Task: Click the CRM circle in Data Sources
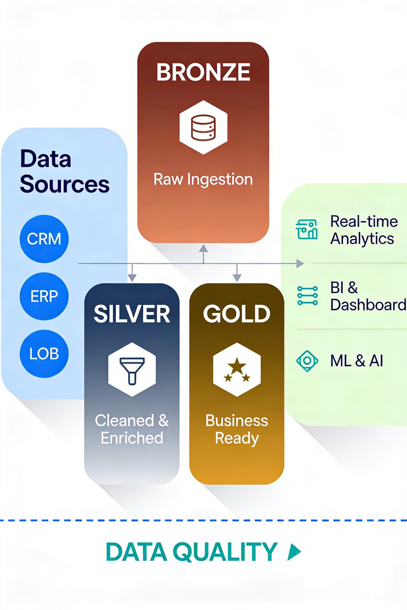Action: click(x=44, y=239)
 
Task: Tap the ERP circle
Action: click(x=44, y=296)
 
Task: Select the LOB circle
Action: click(x=44, y=353)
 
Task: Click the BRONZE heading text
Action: click(x=203, y=72)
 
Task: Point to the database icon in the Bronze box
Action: click(x=203, y=128)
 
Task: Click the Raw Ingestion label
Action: click(x=203, y=179)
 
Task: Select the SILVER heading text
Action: click(x=132, y=314)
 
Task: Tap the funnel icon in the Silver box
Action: click(x=132, y=370)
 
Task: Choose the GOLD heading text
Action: click(x=237, y=314)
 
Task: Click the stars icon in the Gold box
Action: click(x=237, y=370)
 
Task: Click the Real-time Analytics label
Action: click(x=363, y=230)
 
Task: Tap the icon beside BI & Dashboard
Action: click(x=307, y=296)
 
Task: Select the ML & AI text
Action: click(x=356, y=361)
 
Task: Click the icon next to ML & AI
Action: click(x=307, y=361)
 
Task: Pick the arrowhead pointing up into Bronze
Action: click(x=203, y=248)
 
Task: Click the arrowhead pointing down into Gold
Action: click(x=237, y=278)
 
